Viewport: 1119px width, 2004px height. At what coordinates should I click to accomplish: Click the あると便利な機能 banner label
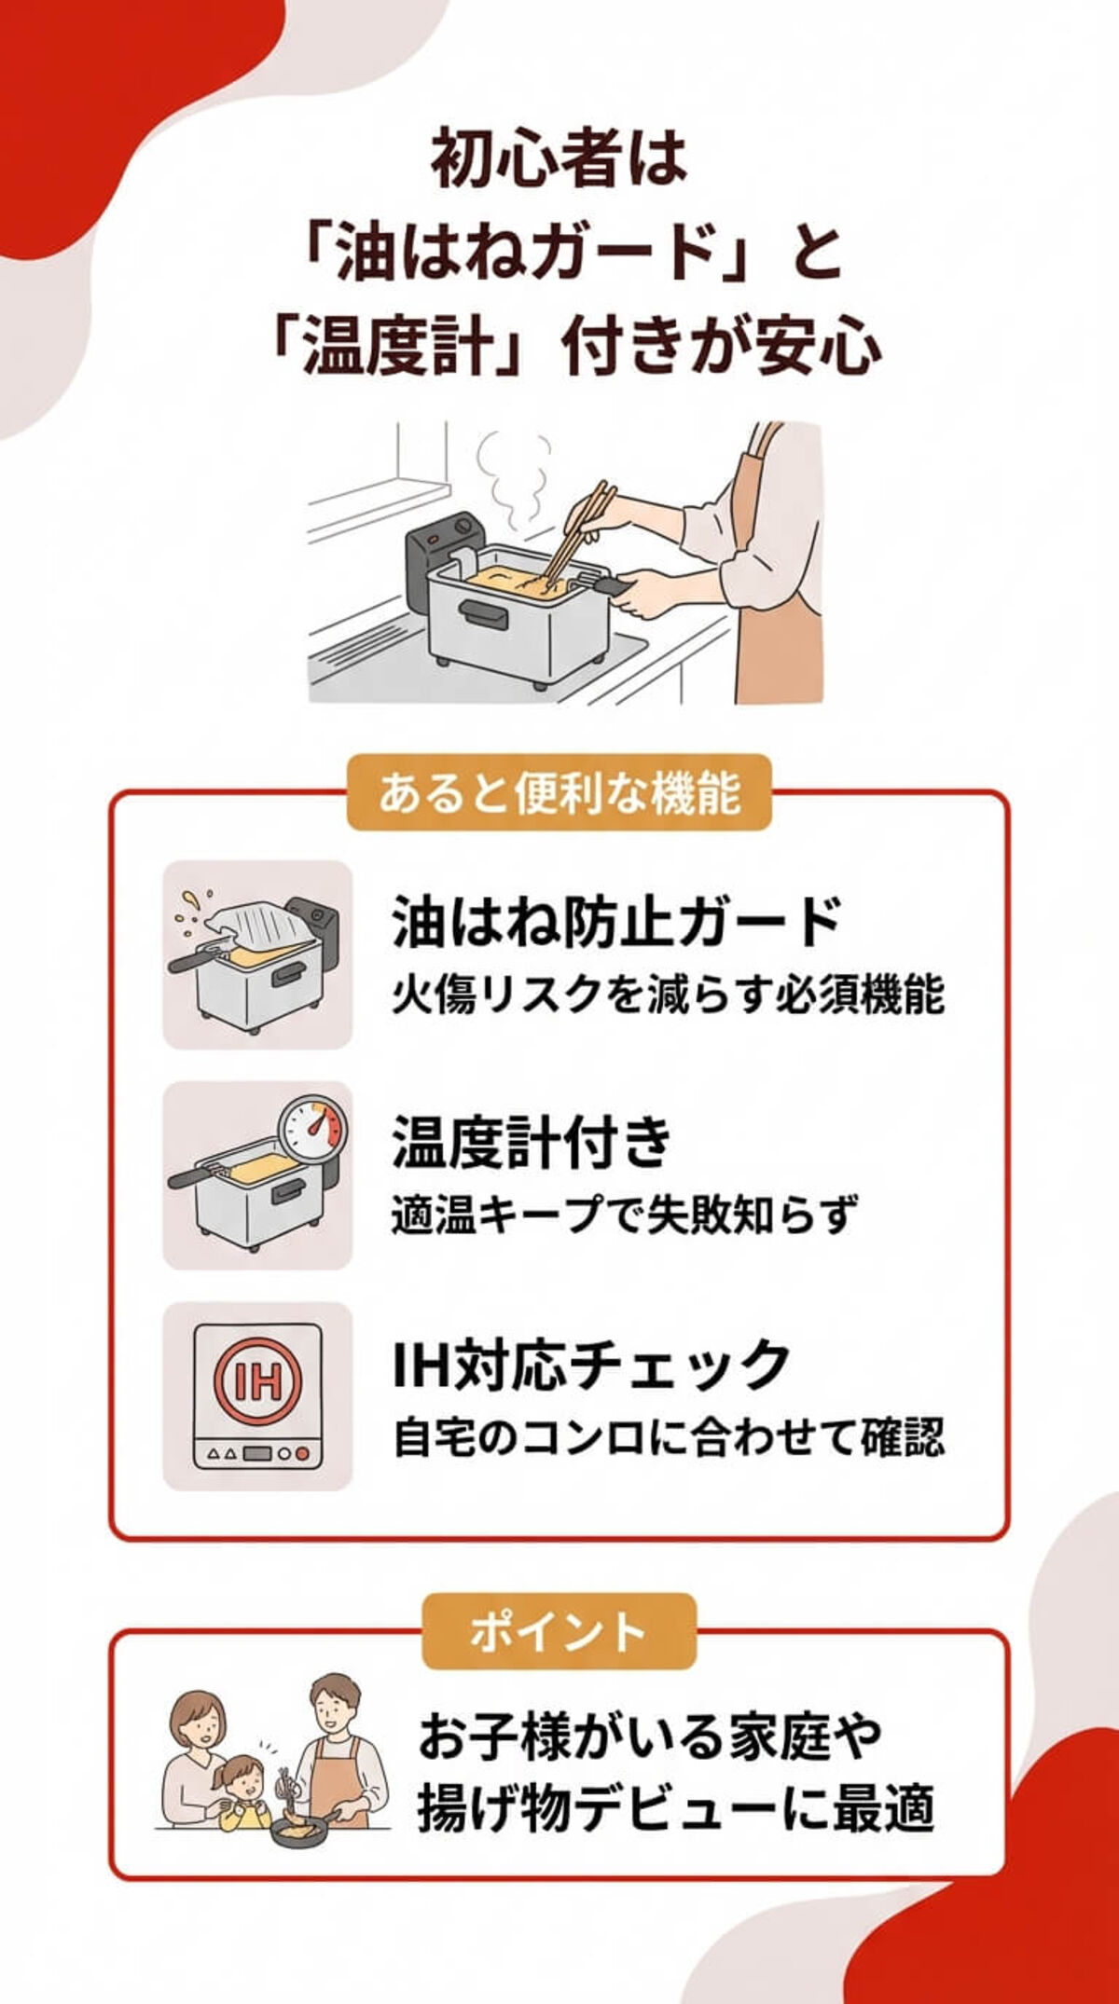[559, 793]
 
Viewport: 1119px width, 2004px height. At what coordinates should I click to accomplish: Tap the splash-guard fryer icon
[257, 955]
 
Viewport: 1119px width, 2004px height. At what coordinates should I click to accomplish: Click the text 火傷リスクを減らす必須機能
[668, 995]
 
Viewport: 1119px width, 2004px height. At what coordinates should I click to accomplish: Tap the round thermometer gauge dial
[311, 1128]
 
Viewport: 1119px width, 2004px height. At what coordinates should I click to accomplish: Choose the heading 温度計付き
[532, 1142]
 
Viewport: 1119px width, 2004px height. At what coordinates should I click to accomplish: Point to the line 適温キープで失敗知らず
[623, 1215]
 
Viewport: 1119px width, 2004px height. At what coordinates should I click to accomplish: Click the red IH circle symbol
[257, 1380]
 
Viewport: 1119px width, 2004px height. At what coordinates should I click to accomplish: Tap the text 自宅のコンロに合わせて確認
[668, 1436]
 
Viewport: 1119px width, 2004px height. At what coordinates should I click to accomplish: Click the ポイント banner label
[559, 1631]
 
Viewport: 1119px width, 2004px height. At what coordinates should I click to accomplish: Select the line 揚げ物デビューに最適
[675, 1810]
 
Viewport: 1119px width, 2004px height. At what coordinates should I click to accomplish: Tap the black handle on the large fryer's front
[483, 614]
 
